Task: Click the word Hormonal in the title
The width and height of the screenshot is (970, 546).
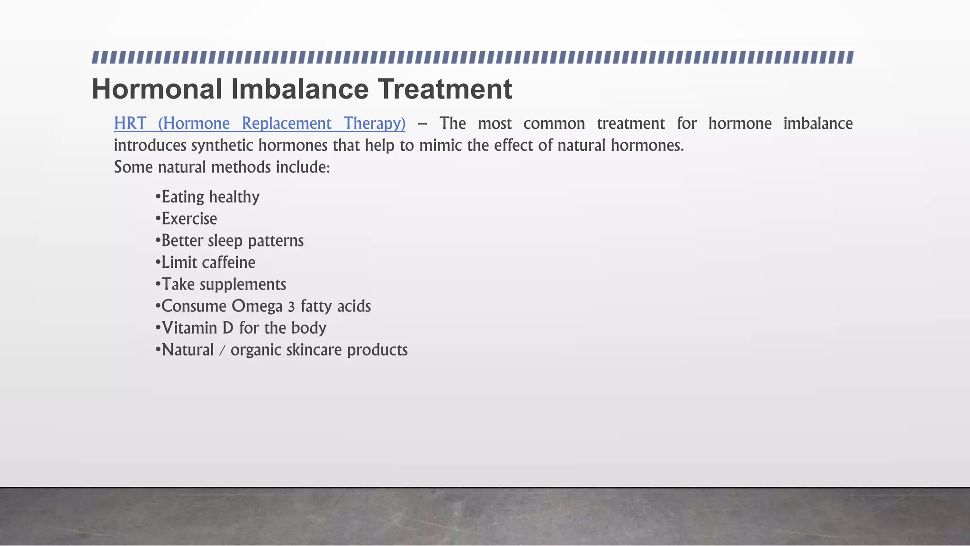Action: point(157,89)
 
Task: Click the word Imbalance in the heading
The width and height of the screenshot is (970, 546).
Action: point(300,89)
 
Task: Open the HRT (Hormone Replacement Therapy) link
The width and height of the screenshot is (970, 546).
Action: point(260,123)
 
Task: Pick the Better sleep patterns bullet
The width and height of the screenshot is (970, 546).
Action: point(229,240)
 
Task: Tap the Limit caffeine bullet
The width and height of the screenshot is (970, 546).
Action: point(205,262)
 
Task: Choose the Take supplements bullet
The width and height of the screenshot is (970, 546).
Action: point(221,284)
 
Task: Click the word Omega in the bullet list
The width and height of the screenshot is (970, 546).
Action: point(257,306)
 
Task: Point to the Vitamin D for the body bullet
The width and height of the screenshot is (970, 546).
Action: point(241,328)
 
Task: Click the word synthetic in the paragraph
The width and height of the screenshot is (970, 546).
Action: point(222,145)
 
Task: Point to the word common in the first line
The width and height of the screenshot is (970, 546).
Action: point(554,123)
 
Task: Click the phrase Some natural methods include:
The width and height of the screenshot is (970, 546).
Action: point(222,167)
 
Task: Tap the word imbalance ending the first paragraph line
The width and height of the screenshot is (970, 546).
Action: point(818,123)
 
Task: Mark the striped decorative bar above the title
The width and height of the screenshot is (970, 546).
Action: point(473,58)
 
